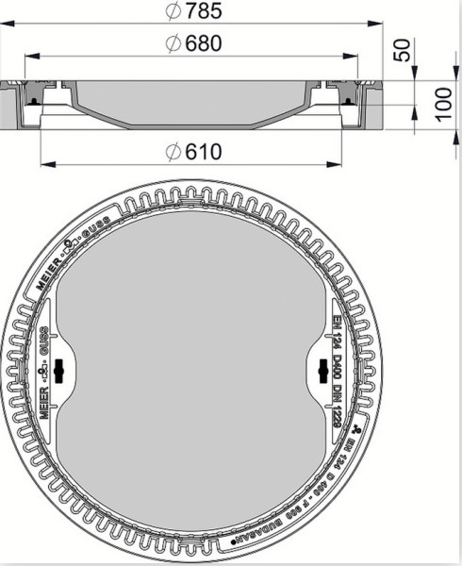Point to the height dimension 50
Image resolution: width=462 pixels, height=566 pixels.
point(404,50)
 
